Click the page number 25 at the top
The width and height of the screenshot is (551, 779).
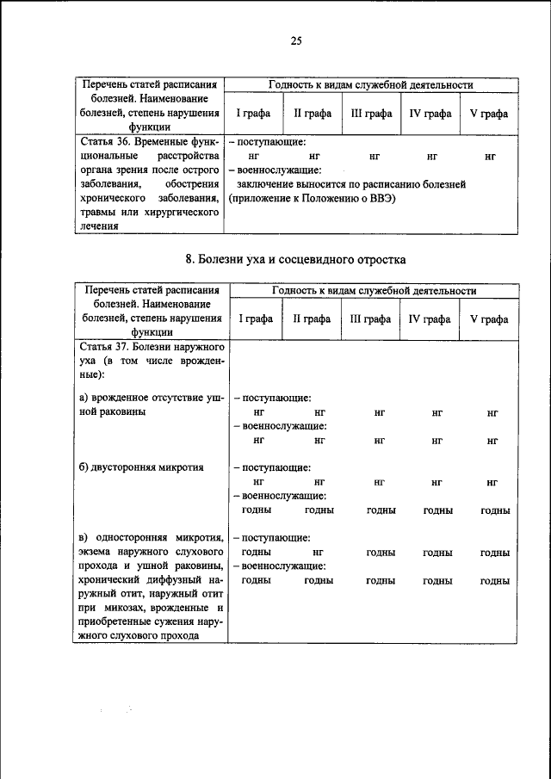tap(295, 40)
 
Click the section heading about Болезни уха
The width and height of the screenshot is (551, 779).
tap(295, 259)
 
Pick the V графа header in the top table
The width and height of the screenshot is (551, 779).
tap(488, 114)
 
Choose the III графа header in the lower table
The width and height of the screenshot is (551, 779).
tap(372, 318)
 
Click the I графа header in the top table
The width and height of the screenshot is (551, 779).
tap(254, 114)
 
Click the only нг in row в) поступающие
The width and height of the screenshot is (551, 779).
tap(319, 552)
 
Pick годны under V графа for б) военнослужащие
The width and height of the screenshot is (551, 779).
tap(494, 510)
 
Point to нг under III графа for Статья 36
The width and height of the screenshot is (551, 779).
tap(375, 157)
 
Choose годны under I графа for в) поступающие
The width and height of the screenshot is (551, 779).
tap(257, 552)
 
